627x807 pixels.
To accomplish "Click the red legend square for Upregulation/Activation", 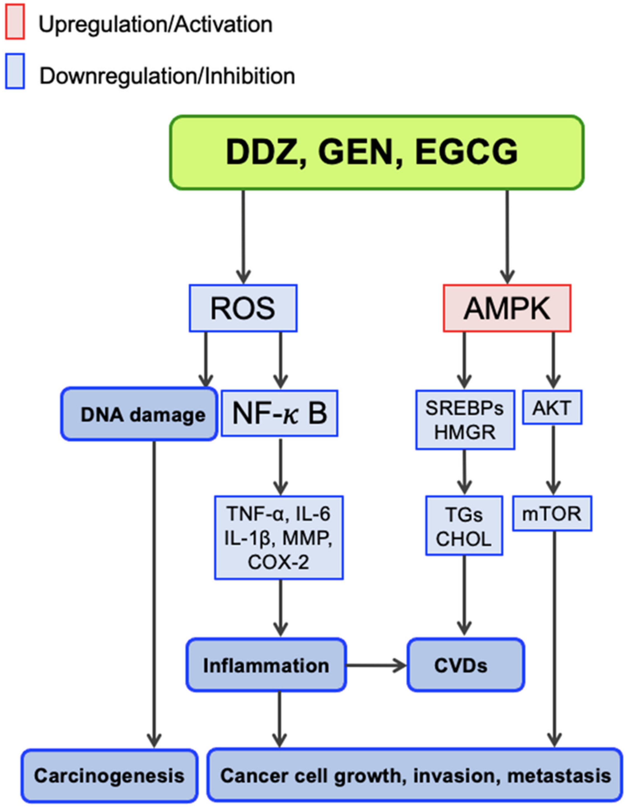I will point(15,21).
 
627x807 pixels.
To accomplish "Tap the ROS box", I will point(243,308).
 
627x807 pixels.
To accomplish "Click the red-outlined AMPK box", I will point(507,308).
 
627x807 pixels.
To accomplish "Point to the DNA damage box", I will point(139,414).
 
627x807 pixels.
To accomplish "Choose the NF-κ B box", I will point(279,413).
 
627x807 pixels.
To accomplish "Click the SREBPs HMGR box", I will point(465,420).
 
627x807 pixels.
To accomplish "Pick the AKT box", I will point(552,407).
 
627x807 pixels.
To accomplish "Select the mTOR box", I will point(552,514).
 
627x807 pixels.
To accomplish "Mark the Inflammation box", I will point(266,666).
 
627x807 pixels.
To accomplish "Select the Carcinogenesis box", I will point(109,775).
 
